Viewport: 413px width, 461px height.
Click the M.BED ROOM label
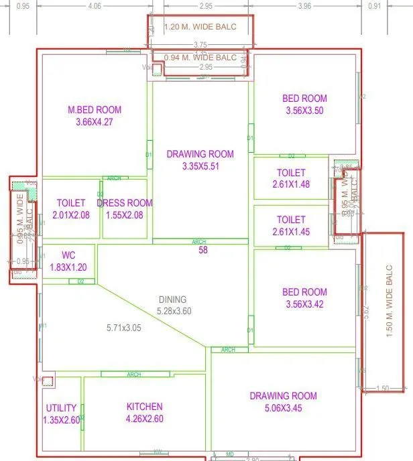(95, 110)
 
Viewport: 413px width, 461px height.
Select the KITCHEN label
(144, 407)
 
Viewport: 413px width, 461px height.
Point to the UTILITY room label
(61, 408)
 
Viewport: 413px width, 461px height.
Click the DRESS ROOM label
(125, 203)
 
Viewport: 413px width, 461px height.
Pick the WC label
(68, 255)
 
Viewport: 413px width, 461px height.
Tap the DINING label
(172, 300)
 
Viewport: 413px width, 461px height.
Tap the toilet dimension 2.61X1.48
(291, 184)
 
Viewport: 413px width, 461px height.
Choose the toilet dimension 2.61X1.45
(291, 231)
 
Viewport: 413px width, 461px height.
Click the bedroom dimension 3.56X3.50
(304, 111)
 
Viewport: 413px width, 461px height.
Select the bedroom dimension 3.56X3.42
(304, 304)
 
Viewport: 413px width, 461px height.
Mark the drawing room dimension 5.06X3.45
(282, 407)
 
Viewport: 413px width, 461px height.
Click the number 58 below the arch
(202, 251)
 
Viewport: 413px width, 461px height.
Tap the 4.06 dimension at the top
(95, 6)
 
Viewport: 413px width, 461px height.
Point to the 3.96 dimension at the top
(304, 6)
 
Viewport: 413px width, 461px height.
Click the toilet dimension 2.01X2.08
(71, 214)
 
